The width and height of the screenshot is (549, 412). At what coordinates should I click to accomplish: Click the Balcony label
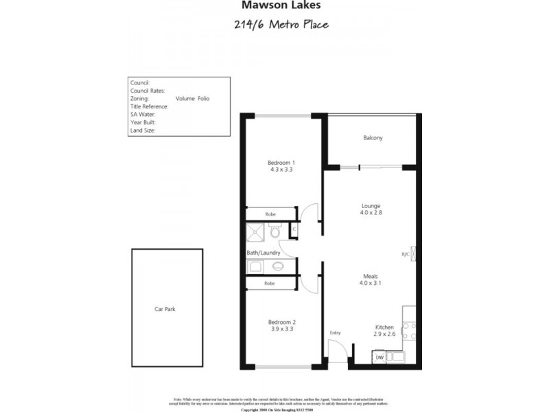click(373, 138)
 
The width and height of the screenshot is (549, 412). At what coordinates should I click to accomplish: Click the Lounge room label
click(371, 205)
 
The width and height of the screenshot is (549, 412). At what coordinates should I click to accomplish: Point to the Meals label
click(371, 277)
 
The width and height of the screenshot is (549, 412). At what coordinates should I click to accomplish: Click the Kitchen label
click(384, 327)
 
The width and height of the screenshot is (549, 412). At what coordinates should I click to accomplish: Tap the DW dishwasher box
click(379, 357)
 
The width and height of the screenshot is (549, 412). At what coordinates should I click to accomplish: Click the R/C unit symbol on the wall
click(412, 254)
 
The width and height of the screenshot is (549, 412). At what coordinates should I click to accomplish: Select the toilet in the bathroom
click(274, 233)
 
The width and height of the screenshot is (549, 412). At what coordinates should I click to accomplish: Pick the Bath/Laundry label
click(264, 253)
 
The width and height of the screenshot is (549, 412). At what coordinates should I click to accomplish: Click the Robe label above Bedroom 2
click(270, 283)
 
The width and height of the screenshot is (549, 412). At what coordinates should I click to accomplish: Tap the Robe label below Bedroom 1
click(270, 214)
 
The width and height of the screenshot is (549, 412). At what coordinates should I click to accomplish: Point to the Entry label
click(335, 333)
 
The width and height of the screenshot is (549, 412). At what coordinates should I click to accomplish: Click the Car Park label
click(165, 310)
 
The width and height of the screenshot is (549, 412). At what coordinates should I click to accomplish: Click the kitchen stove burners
click(410, 332)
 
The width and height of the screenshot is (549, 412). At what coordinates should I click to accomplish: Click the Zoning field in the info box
click(140, 99)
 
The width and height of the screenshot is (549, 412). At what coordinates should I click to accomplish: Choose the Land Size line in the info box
click(143, 129)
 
